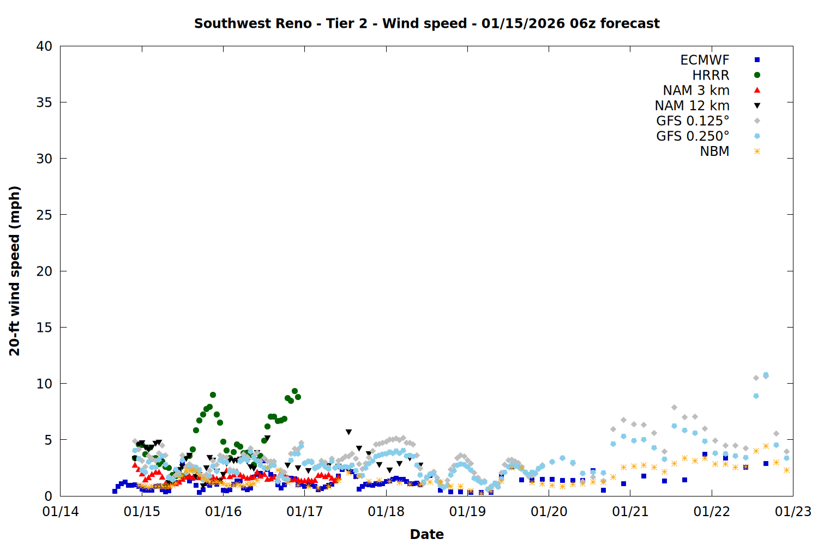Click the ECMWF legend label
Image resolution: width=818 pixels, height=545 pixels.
[x=705, y=60]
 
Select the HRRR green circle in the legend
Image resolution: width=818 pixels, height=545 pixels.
[x=757, y=75]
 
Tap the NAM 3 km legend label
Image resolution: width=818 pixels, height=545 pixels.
[x=696, y=90]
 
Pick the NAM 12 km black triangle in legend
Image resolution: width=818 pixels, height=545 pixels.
[x=757, y=106]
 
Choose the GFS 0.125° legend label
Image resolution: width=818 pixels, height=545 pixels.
[x=693, y=121]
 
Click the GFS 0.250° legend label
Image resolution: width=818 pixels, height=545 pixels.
[x=693, y=136]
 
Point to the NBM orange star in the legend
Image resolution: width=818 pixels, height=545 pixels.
[x=757, y=152]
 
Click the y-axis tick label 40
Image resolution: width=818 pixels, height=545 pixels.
[x=44, y=46]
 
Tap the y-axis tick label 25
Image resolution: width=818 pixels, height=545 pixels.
[x=44, y=215]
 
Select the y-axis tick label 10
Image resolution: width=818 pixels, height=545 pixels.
[x=44, y=384]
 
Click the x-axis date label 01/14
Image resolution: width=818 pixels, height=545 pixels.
[x=61, y=512]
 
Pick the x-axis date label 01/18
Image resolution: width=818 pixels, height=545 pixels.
[x=386, y=512]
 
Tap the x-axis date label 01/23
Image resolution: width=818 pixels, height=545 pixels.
[x=793, y=512]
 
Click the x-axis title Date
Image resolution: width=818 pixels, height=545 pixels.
[x=426, y=534]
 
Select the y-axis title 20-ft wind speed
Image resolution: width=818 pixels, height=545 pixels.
[x=15, y=271]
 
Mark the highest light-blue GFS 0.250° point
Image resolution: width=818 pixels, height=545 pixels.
[x=766, y=375]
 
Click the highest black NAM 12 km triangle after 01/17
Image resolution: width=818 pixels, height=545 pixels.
[x=348, y=432]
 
